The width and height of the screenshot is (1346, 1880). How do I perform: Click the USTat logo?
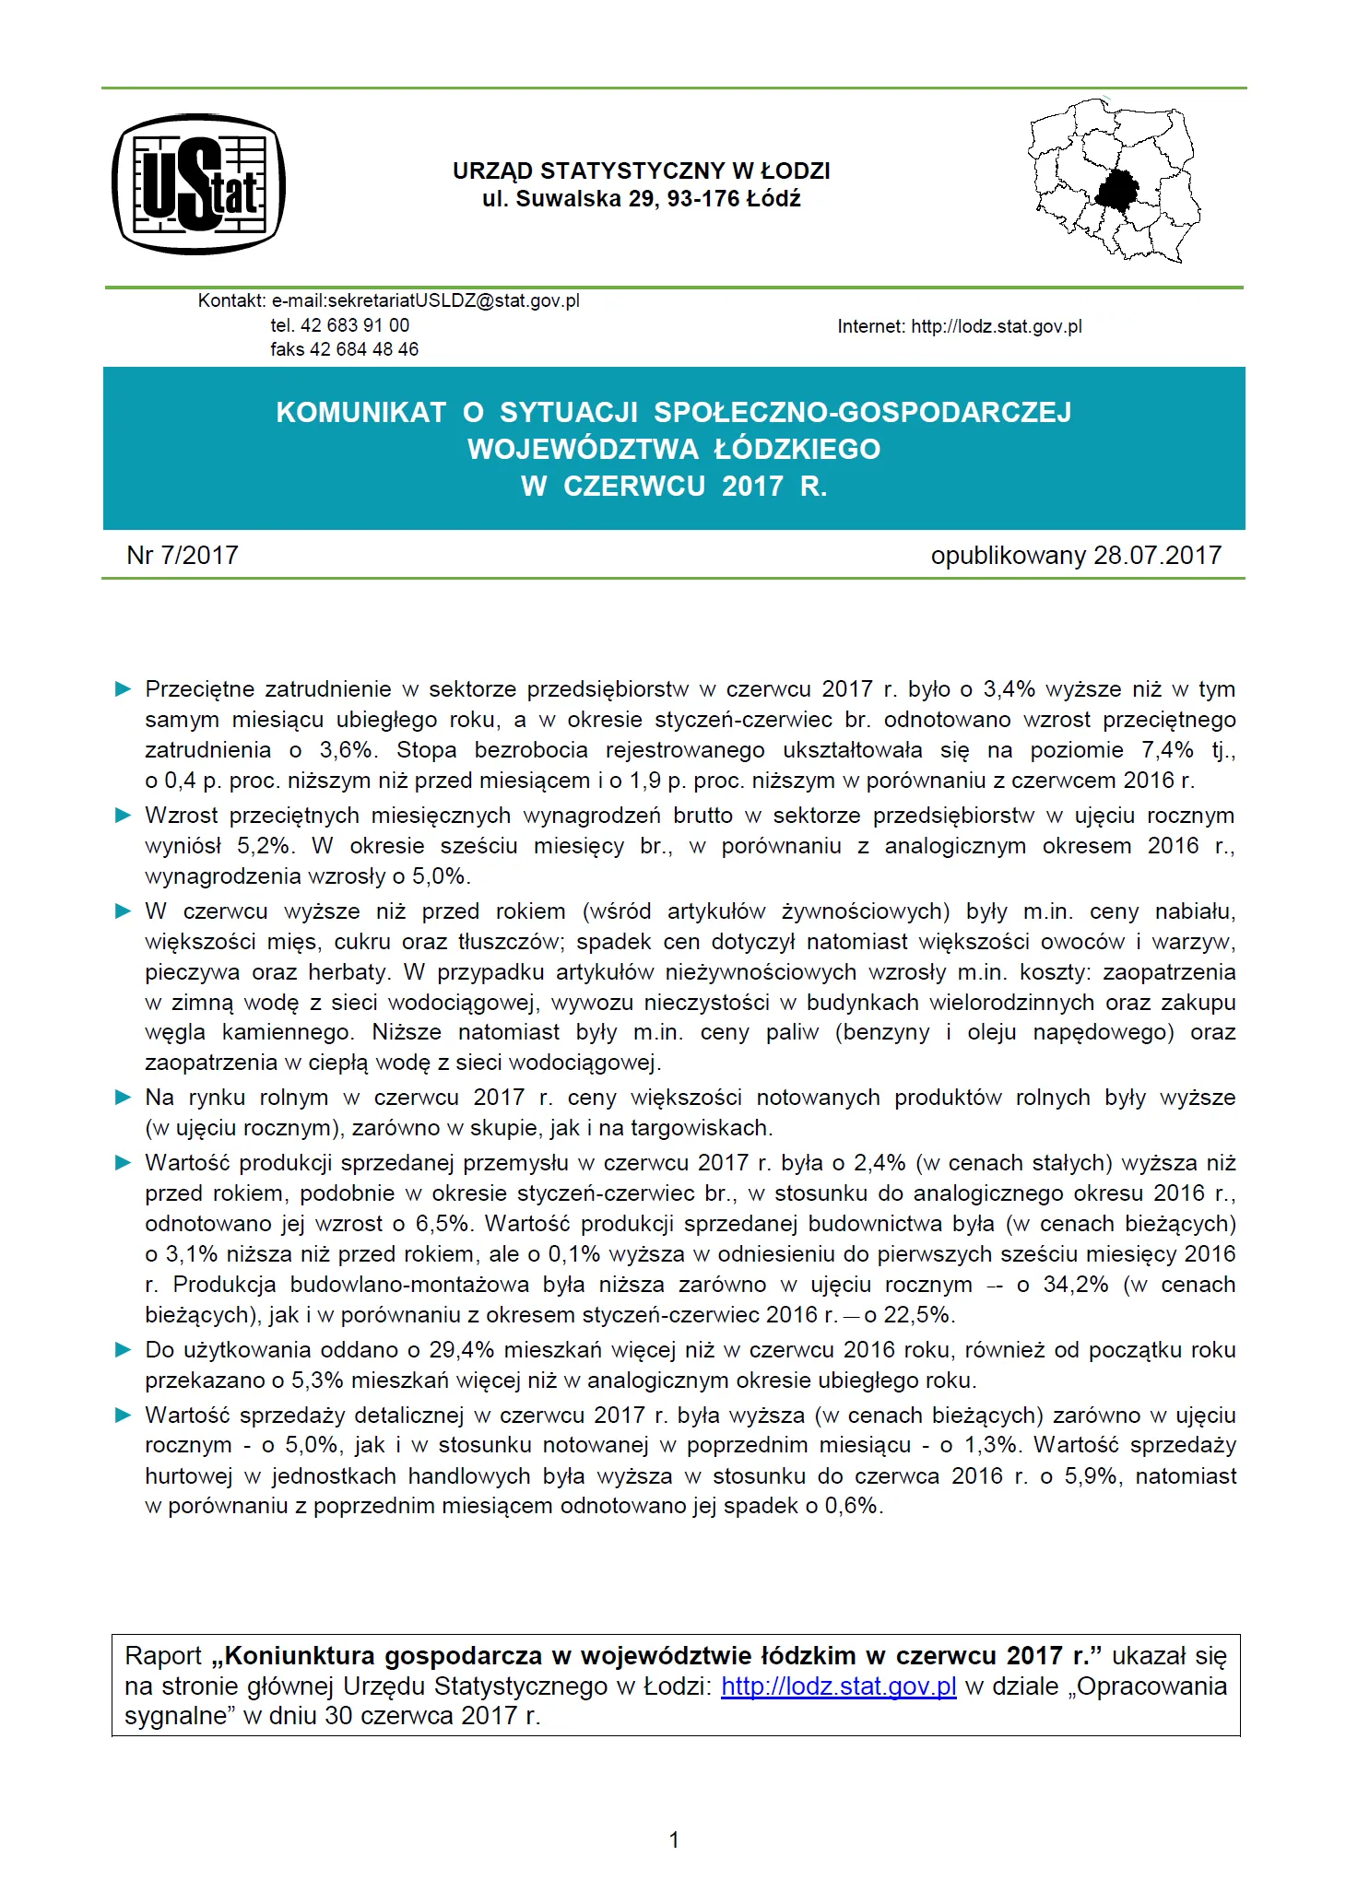[198, 184]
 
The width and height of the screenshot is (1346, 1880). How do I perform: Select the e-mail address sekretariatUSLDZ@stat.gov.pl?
[425, 300]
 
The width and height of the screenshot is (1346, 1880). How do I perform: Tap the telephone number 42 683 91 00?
[355, 325]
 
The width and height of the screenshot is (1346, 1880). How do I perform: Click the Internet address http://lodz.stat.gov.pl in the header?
[996, 326]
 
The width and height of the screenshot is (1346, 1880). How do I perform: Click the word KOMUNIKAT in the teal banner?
[360, 412]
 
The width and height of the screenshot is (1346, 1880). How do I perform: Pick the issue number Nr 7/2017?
[183, 555]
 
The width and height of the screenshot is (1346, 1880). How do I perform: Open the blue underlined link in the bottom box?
[838, 1686]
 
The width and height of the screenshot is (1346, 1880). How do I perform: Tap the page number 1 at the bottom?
[674, 1839]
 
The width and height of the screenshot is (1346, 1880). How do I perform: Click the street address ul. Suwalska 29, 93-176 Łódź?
[641, 199]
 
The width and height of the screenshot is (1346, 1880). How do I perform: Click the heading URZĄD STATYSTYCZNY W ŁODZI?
[641, 170]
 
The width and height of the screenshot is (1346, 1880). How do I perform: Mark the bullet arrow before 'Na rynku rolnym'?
[123, 1098]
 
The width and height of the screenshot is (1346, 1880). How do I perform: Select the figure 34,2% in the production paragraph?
[1075, 1285]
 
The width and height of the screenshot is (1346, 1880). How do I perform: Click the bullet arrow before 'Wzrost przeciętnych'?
[123, 816]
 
